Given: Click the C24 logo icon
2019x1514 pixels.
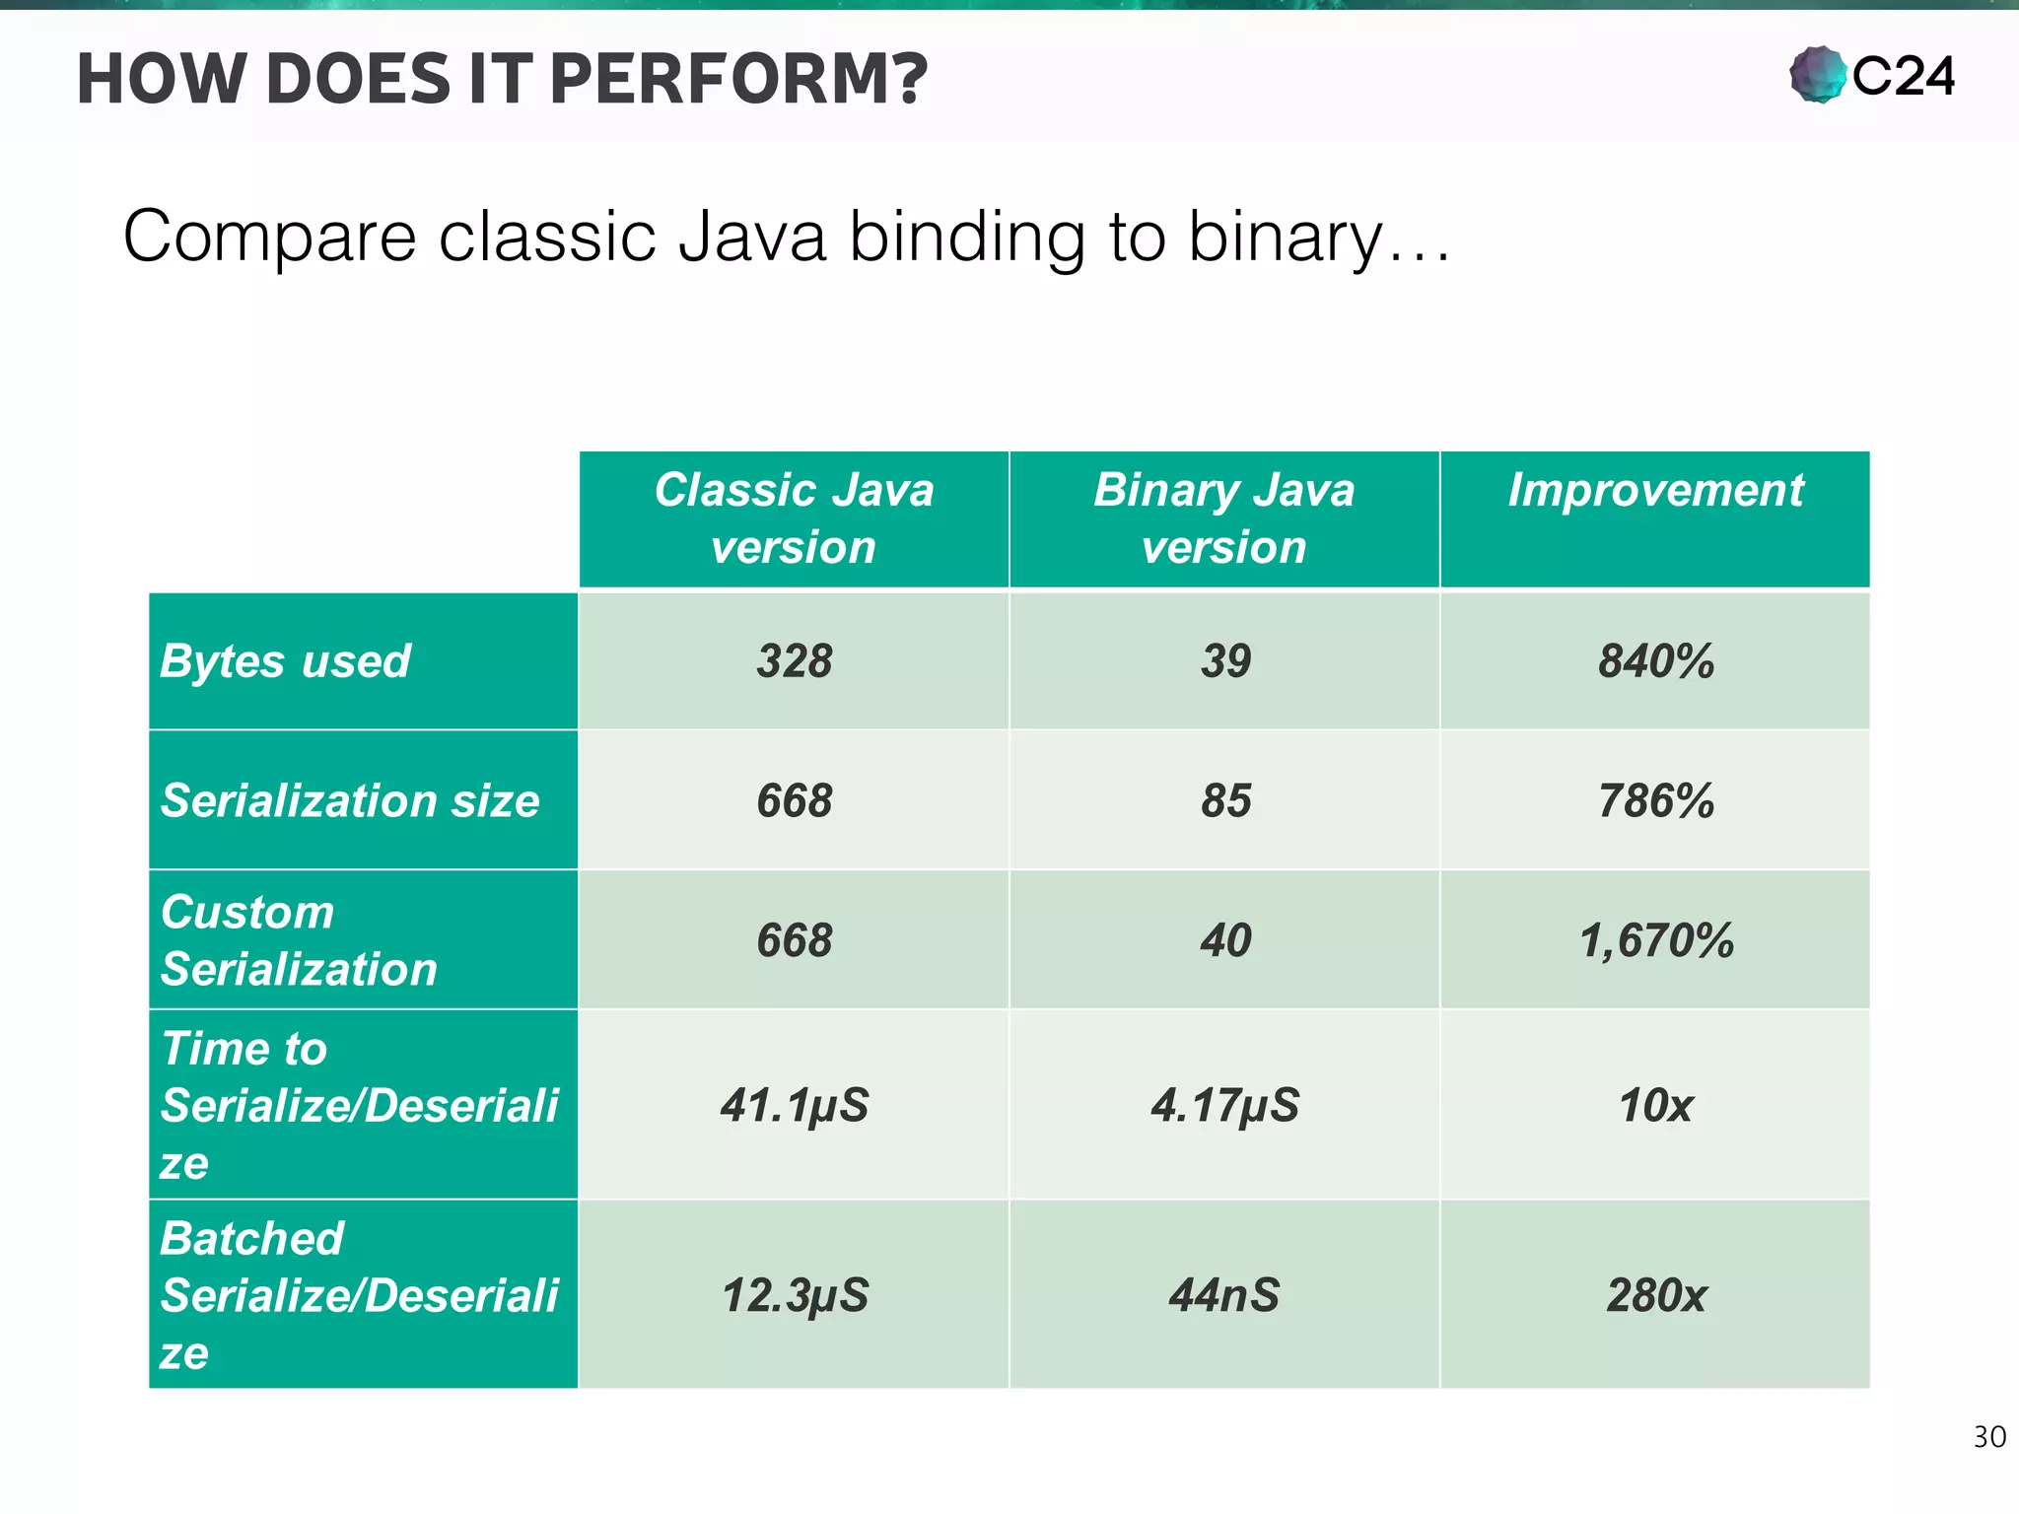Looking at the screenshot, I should tap(1817, 75).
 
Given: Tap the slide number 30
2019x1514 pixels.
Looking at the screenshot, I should tap(1988, 1437).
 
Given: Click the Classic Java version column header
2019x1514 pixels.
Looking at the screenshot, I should tap(794, 518).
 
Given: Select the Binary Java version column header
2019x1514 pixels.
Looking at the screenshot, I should tap(1223, 518).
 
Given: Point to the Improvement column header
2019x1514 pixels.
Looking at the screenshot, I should tap(1654, 491).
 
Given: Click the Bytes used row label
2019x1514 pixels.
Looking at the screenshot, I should tap(285, 661).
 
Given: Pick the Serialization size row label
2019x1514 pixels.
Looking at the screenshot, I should tap(350, 800).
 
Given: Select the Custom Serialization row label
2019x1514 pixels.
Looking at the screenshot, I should tap(299, 940).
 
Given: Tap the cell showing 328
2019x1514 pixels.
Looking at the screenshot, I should tap(794, 661).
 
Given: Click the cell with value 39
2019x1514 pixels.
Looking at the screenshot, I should tap(1224, 661).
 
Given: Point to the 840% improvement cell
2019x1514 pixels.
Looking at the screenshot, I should tap(1655, 661).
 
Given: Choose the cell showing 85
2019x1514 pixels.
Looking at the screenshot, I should tap(1224, 800).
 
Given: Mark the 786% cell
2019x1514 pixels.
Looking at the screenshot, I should tap(1655, 800).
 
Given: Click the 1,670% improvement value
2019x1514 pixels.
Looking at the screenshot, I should tap(1655, 940).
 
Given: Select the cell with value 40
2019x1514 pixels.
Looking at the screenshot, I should tap(1224, 940).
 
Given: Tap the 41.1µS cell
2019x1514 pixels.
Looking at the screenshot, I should tap(794, 1105).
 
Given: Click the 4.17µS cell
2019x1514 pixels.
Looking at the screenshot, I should tap(1224, 1105).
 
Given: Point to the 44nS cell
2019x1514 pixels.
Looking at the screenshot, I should tap(1224, 1295).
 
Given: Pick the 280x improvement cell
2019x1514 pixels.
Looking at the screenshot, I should tap(1655, 1295).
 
